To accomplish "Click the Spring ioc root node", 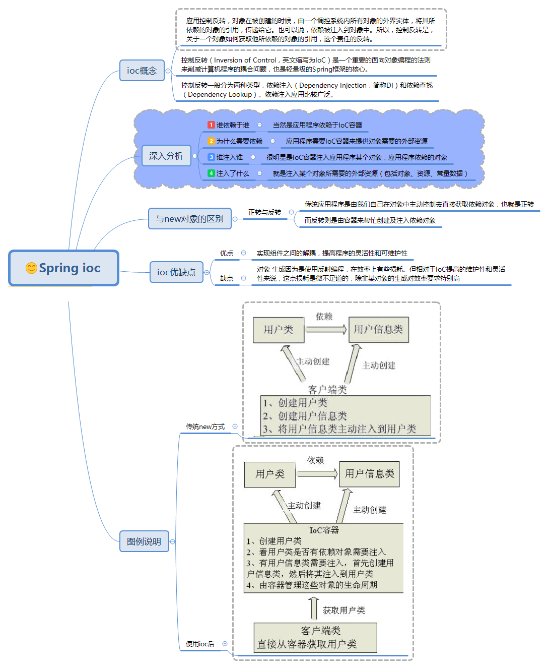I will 64,268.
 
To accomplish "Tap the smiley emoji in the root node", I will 31,268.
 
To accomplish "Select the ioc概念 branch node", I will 142,71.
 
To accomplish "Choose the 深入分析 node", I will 166,156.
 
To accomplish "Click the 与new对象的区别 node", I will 189,219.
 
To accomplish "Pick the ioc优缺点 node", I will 176,272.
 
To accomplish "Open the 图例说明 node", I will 144,541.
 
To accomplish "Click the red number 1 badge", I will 211,125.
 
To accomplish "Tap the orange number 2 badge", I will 211,141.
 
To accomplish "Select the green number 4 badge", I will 211,173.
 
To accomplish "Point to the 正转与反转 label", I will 264,213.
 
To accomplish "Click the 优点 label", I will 227,253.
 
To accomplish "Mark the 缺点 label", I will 227,278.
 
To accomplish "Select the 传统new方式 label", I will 205,427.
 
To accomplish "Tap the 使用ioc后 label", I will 200,644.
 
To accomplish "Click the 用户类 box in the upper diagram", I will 278,330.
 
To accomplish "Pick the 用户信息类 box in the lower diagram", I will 369,474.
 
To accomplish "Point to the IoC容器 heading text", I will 324,530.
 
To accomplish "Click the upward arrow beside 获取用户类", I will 314,607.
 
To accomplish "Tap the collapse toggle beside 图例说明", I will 173,542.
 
